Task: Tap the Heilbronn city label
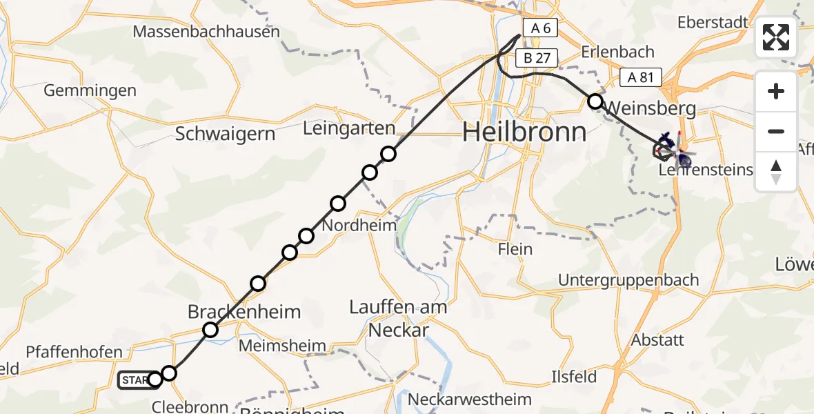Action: [x=524, y=131]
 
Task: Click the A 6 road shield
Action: [x=539, y=28]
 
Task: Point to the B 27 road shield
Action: [x=537, y=58]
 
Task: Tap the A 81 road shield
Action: [x=641, y=77]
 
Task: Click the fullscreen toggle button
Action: [x=776, y=37]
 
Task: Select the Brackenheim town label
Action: [x=244, y=312]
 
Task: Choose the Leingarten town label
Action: [x=349, y=128]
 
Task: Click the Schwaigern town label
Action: [x=225, y=133]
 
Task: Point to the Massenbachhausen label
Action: [x=206, y=32]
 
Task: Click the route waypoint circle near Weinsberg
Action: [x=595, y=101]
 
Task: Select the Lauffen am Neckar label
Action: [x=399, y=318]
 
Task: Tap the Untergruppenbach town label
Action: [x=628, y=280]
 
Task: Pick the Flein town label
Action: [x=515, y=249]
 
